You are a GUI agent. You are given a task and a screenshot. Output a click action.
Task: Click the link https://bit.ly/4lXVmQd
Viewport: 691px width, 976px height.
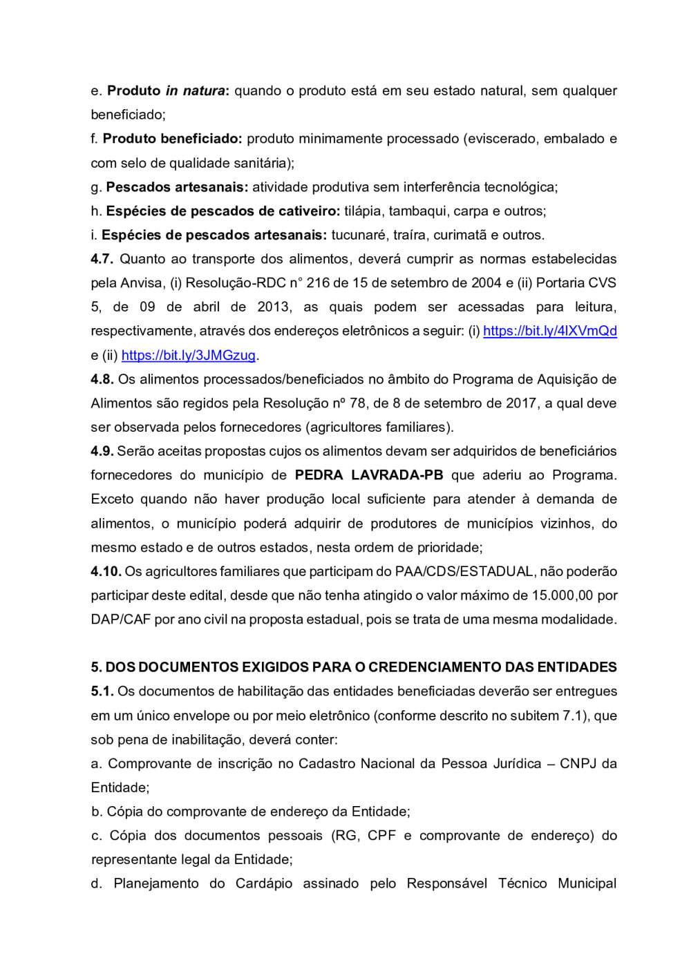(x=549, y=331)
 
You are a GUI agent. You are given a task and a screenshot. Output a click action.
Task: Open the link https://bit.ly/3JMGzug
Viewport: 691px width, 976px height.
(x=189, y=355)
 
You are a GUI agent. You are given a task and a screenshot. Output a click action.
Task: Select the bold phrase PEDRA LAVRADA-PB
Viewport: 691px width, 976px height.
(x=369, y=475)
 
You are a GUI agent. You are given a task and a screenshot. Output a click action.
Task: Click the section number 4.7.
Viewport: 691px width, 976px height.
(x=102, y=259)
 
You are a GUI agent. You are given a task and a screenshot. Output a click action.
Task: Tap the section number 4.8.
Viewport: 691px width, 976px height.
(x=102, y=379)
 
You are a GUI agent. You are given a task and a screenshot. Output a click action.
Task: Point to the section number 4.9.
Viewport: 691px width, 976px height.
(x=102, y=451)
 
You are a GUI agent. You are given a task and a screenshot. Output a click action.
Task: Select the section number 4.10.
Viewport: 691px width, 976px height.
(x=106, y=571)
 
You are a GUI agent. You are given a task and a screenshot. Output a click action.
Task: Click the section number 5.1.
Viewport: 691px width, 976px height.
(x=102, y=691)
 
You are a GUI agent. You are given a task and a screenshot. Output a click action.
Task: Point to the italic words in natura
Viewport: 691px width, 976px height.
(x=195, y=90)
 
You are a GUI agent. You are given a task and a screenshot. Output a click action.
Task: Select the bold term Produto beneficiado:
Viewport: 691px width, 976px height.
(x=172, y=139)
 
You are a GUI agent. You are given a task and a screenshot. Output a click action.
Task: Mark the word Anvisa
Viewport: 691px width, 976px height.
(x=142, y=283)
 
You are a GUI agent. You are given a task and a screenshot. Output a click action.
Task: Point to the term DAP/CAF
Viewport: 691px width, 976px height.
(x=120, y=620)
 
